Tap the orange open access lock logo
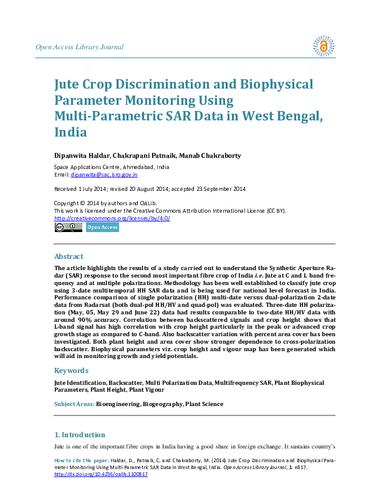point(323,46)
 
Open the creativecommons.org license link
point(112,218)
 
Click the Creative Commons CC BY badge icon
point(68,228)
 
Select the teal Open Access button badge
point(102,228)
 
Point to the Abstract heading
point(69,256)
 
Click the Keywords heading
point(72,370)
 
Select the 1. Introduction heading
point(80,435)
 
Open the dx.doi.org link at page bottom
point(101,474)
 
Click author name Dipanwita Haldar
point(80,155)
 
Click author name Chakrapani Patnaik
point(148,155)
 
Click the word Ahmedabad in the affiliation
point(138,167)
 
